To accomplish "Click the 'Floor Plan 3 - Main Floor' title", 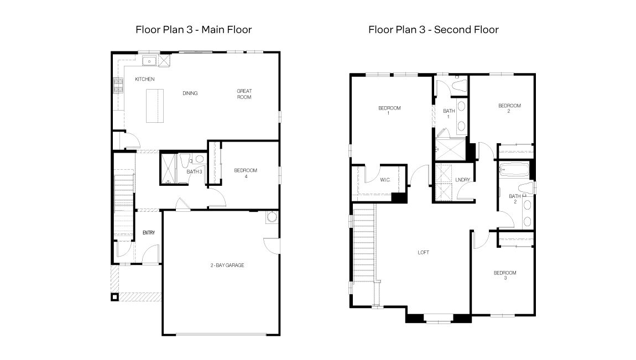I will point(193,29).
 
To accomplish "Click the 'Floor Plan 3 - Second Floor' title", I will point(433,29).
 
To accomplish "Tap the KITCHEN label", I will point(145,80).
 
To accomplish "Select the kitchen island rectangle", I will point(155,106).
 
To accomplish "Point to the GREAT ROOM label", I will point(244,94).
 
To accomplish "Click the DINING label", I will point(190,93).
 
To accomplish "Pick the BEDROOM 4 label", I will point(246,173).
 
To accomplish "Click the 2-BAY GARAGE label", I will point(227,265).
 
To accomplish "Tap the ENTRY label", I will point(148,233).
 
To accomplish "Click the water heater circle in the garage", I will point(272,217).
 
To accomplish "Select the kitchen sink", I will point(149,61).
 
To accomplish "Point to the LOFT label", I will point(423,253).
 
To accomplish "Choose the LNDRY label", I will point(463,180).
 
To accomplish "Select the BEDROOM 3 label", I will point(504,275).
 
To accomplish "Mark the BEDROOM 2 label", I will point(509,108).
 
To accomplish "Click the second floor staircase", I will point(364,249).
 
